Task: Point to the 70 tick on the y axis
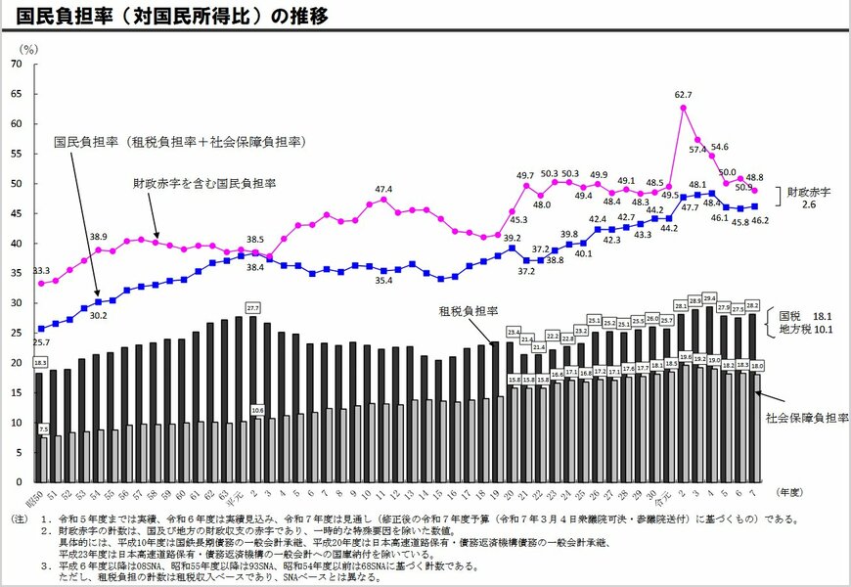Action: point(16,64)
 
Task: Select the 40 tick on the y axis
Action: point(16,243)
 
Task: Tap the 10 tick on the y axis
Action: point(16,423)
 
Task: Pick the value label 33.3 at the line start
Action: point(41,270)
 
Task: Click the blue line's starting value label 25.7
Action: point(41,342)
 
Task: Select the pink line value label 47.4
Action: point(382,189)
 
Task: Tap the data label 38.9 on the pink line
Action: point(98,237)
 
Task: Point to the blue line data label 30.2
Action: point(98,316)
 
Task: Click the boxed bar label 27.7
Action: point(253,307)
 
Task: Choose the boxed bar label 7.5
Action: point(43,429)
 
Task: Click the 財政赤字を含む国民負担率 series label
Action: point(204,183)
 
